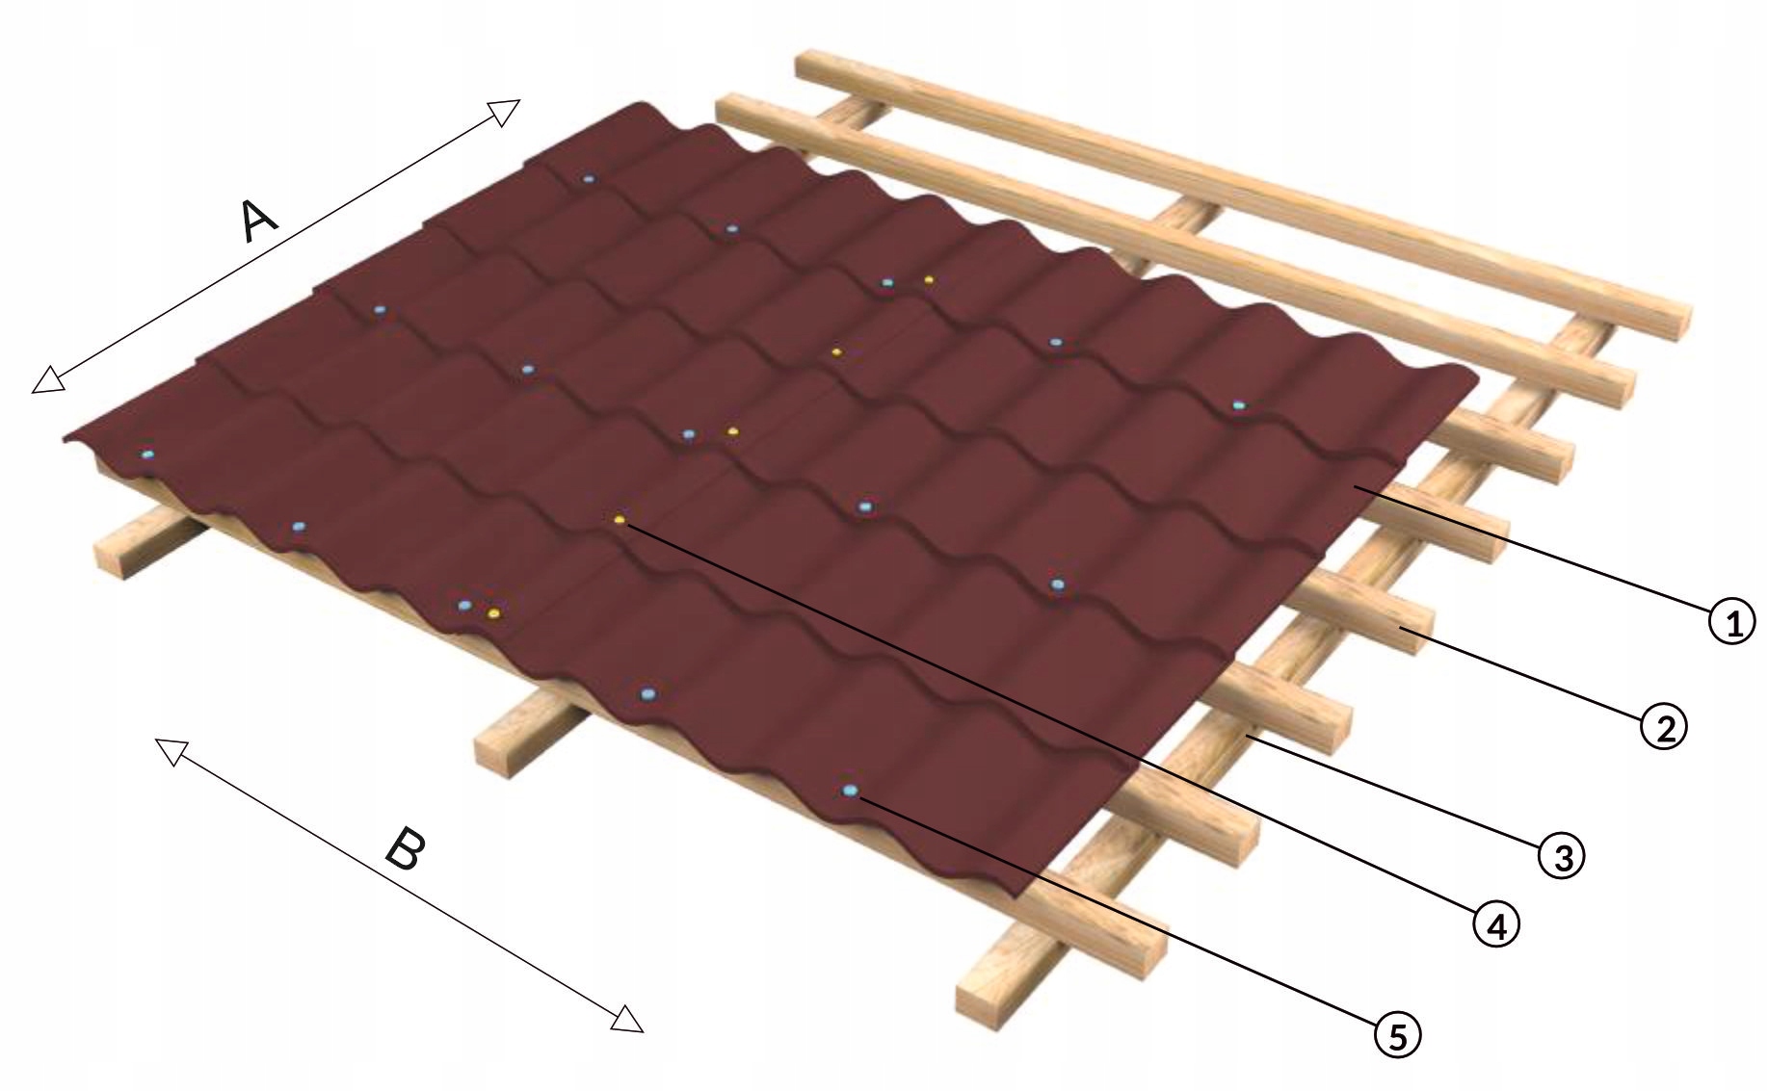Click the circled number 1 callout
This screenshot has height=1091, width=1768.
coord(1731,622)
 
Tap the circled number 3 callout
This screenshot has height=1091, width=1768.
coord(1562,854)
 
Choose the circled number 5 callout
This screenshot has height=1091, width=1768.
coord(1397,1035)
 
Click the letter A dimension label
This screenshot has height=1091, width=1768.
coord(258,221)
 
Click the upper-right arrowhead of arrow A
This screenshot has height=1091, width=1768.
coord(506,110)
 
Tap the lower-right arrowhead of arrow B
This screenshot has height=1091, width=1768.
coord(628,1020)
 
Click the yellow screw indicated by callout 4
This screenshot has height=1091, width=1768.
coord(620,520)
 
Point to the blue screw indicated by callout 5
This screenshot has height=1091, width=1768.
coord(849,791)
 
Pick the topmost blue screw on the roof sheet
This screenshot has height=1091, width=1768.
coord(588,179)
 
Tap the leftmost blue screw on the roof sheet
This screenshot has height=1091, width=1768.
coord(146,454)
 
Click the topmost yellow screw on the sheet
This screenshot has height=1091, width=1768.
coord(929,279)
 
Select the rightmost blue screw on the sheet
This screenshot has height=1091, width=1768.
coord(1238,405)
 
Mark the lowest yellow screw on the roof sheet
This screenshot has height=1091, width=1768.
coord(494,612)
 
